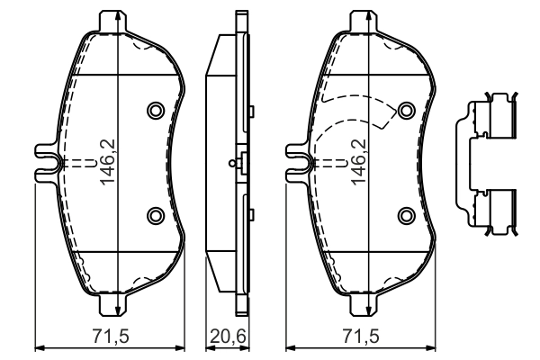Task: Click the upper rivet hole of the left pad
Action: pyautogui.click(x=154, y=110)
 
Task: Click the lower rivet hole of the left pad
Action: pyautogui.click(x=154, y=214)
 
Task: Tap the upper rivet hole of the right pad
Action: pyautogui.click(x=406, y=110)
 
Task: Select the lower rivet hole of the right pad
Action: pyautogui.click(x=406, y=214)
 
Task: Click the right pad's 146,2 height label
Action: pyautogui.click(x=357, y=162)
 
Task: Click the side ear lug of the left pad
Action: pyautogui.click(x=43, y=162)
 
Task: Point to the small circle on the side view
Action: pyautogui.click(x=234, y=163)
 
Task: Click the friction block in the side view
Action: pyautogui.click(x=219, y=162)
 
